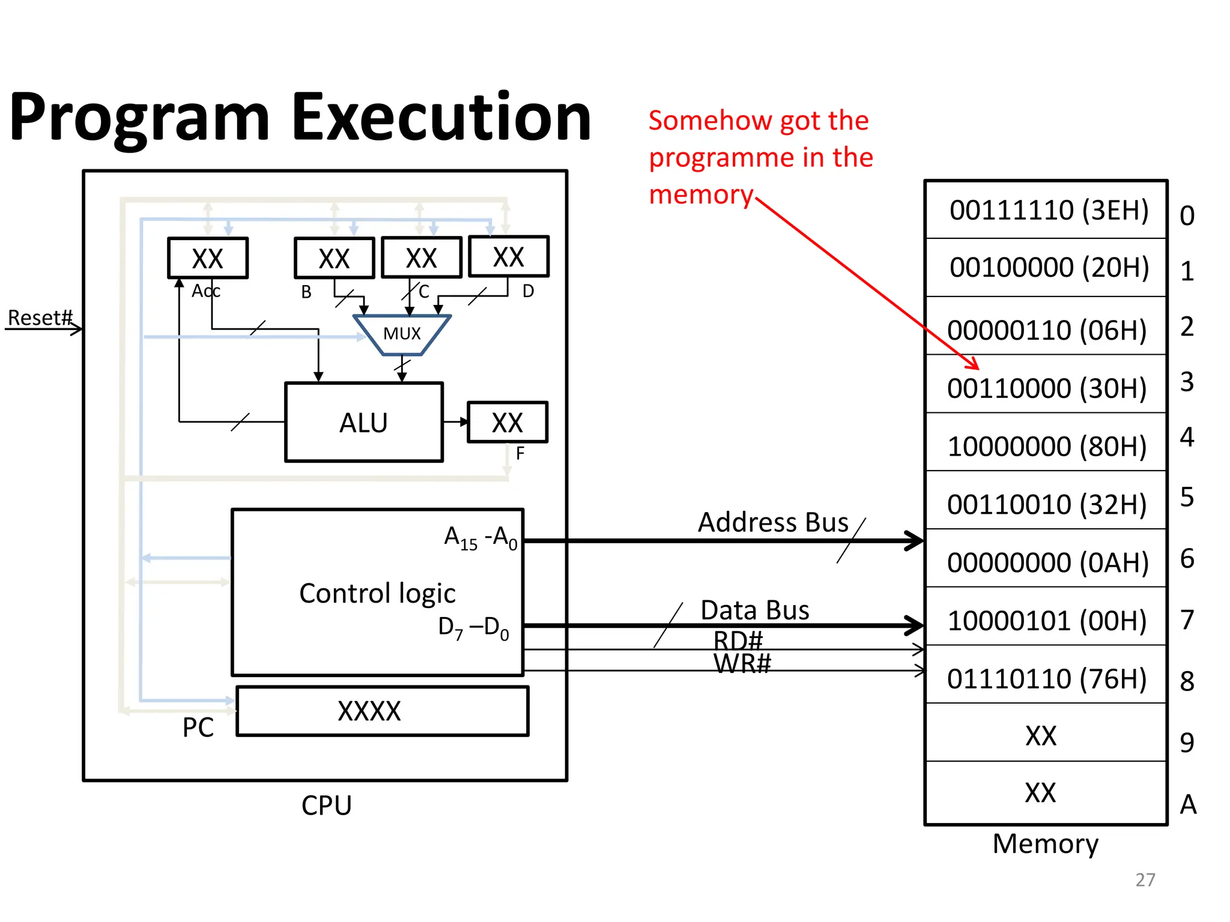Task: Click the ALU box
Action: point(364,423)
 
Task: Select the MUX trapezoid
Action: point(402,334)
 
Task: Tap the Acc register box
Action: point(208,258)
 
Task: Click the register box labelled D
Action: point(509,257)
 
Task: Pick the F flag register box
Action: point(507,423)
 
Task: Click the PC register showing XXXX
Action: point(383,711)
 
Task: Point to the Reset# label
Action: point(40,318)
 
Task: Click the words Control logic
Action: point(377,594)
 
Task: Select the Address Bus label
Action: point(773,522)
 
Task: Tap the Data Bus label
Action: point(755,610)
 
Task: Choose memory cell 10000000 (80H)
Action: point(1047,446)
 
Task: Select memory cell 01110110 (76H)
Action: point(1047,679)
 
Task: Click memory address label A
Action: point(1188,804)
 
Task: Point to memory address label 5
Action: point(1187,497)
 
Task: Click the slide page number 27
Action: point(1145,879)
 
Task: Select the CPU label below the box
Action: point(326,806)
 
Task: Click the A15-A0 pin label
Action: point(480,538)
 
